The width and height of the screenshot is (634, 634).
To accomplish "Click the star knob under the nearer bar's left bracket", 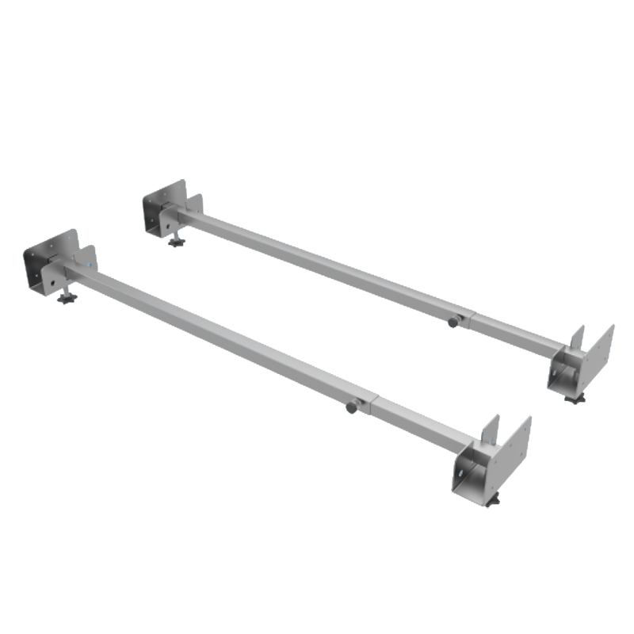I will (x=65, y=300).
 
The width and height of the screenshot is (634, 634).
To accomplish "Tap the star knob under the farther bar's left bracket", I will (x=176, y=240).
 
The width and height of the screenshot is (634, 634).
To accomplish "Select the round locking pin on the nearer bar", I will (x=351, y=407).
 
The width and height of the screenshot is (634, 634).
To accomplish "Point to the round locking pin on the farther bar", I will (x=453, y=322).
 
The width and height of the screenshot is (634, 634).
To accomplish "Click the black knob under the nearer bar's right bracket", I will (x=493, y=502).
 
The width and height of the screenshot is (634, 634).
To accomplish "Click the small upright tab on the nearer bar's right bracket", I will (x=489, y=432).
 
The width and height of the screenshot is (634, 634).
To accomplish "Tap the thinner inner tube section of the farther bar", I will (x=515, y=333).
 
